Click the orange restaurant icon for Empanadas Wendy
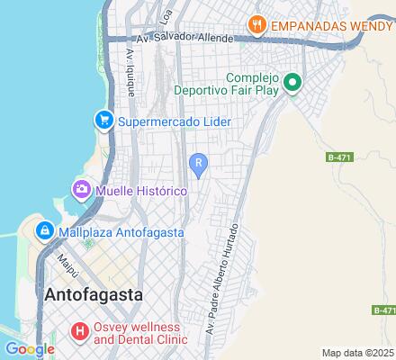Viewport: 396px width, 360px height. (257, 25)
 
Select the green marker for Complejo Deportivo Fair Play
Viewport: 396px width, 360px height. (292, 85)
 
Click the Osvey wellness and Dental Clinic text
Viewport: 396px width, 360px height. (140, 333)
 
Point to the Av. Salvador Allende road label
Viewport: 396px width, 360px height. (184, 39)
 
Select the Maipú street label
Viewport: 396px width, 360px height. (65, 266)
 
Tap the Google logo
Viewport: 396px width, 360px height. (30, 349)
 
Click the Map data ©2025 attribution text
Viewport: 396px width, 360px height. (358, 353)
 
